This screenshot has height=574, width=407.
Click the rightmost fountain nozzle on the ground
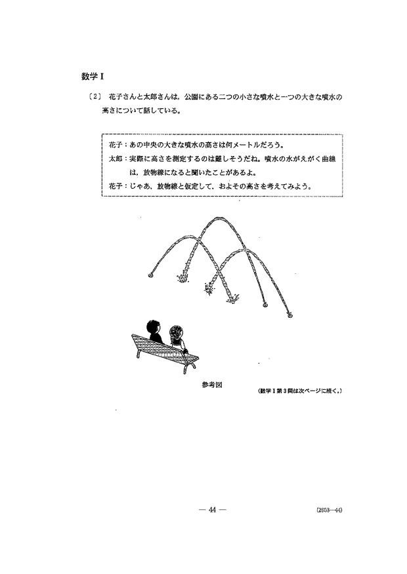289,316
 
